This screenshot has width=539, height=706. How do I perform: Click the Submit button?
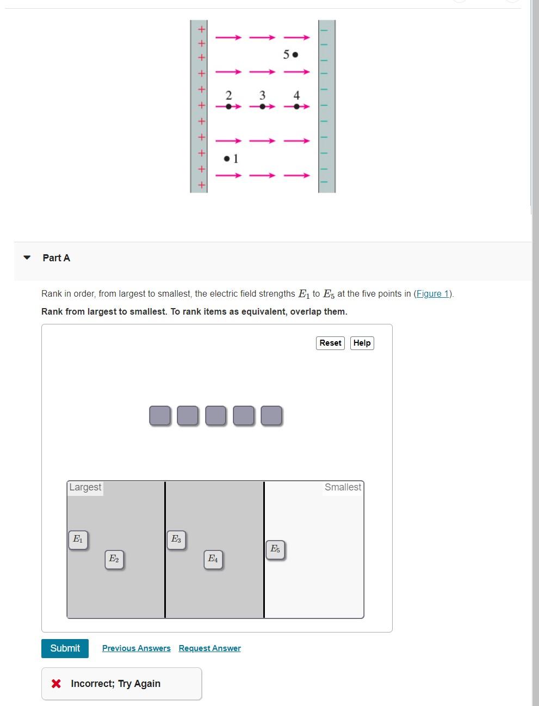click(65, 648)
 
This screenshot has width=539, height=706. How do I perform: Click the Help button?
click(362, 343)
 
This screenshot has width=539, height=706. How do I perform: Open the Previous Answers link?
click(137, 648)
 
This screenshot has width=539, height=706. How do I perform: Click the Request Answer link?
click(209, 648)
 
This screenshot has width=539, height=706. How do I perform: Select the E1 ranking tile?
click(78, 540)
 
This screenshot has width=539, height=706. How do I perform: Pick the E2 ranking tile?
click(114, 560)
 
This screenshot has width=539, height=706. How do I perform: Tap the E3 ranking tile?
click(176, 540)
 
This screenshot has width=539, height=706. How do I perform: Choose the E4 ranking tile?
click(213, 560)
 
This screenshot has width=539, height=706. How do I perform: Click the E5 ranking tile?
click(275, 550)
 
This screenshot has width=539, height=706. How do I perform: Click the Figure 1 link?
click(432, 293)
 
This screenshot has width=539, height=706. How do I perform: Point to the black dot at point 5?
click(295, 54)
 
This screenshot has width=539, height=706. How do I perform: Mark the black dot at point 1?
click(227, 158)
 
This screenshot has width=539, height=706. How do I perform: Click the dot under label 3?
click(263, 107)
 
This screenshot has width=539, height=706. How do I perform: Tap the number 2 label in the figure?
click(228, 95)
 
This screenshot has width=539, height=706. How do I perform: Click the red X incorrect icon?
click(56, 684)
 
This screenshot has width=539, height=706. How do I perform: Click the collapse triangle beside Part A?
click(27, 257)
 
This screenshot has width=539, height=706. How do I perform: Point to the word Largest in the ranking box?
click(85, 487)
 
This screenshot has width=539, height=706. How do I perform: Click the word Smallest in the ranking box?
click(343, 487)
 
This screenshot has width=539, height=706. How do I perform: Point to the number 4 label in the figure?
click(296, 95)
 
